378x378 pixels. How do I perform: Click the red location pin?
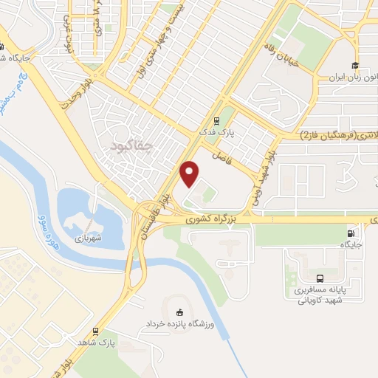190,173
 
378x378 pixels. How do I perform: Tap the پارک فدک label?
219,132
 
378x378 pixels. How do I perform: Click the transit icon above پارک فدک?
216,122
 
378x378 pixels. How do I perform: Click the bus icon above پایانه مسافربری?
319,278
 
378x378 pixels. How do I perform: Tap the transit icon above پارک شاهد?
96,332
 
